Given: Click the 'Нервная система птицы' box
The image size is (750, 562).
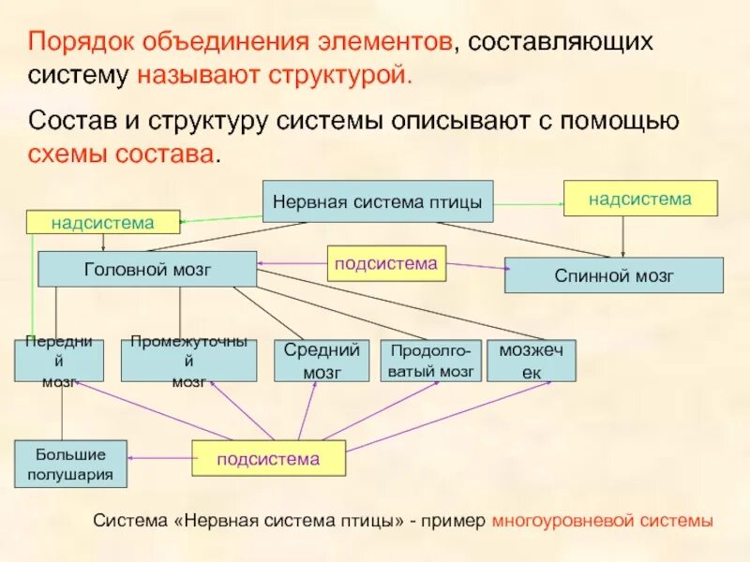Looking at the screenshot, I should pyautogui.click(x=377, y=201).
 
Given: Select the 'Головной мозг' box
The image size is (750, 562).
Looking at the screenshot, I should pyautogui.click(x=147, y=269).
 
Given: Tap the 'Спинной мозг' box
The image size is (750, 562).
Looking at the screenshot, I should pyautogui.click(x=614, y=275).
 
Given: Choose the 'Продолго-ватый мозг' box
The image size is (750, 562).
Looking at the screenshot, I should pyautogui.click(x=430, y=361).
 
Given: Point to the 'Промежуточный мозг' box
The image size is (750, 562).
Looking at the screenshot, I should pyautogui.click(x=188, y=361).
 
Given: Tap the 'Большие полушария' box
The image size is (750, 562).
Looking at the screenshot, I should pyautogui.click(x=70, y=464).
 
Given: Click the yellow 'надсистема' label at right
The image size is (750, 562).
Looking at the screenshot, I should pyautogui.click(x=639, y=199).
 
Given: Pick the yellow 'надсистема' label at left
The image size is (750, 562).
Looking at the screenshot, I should pyautogui.click(x=102, y=222).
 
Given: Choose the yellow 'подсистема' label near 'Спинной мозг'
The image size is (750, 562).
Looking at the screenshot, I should pyautogui.click(x=386, y=263).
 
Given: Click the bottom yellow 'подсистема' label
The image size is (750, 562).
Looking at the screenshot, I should pyautogui.click(x=268, y=459).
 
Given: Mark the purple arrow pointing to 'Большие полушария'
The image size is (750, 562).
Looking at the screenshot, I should pyautogui.click(x=159, y=457).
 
